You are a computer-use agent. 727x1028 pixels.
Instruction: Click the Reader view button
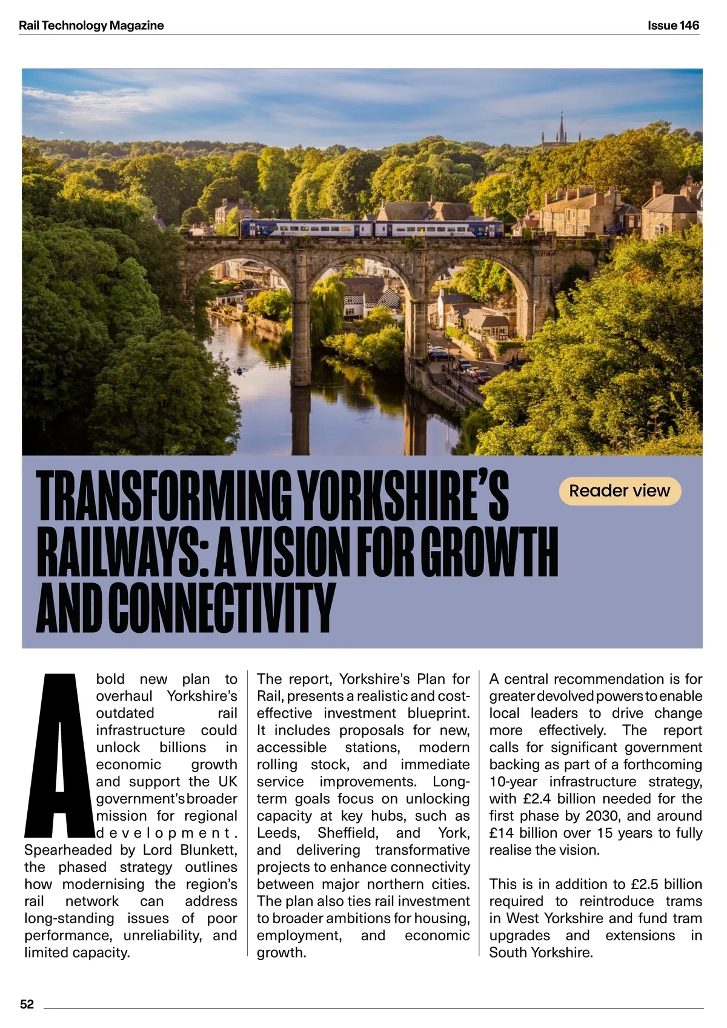pos(619,491)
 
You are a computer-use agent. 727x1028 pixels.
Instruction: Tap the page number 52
pos(27,1004)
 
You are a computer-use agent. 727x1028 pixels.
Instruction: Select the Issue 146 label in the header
pos(673,25)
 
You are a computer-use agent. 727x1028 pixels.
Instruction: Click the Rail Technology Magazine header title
pos(91,25)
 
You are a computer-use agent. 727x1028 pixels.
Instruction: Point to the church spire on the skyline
pos(561,129)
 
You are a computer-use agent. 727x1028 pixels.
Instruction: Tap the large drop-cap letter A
pos(59,754)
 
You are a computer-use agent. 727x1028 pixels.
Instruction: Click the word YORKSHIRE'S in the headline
pos(404,496)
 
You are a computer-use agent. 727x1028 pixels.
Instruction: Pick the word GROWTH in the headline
pos(489,552)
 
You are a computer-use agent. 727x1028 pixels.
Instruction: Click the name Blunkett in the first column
pos(208,850)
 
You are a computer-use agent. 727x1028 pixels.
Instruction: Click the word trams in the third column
pos(683,901)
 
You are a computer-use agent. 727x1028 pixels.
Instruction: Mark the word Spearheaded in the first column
pos(68,850)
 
